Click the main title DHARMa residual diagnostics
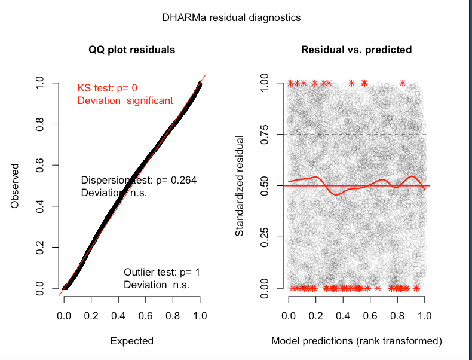231,17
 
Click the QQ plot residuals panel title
132,50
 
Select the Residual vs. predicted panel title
356,50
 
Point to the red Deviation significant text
125,100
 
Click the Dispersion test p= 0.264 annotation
139,179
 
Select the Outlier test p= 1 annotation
162,272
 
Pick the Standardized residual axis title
239,186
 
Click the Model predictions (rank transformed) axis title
357,341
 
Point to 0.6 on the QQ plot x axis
146,315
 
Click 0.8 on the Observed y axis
40,124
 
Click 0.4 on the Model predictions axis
343,315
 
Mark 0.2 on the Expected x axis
91,315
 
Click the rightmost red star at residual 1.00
403,83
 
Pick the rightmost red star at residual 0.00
416,288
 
